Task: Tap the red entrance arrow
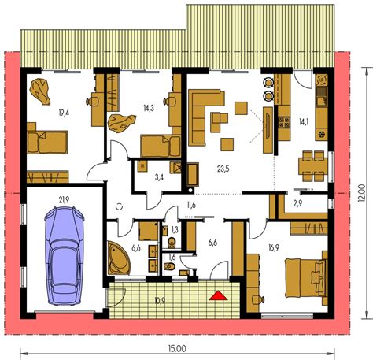218,295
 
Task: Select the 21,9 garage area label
64,200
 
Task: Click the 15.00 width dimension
177,349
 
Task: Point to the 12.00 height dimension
361,193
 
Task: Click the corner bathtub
119,258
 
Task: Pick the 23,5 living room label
223,169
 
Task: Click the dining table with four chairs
312,166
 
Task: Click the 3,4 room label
159,177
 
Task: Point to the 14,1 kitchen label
303,121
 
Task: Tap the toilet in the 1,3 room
172,242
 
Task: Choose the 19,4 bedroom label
64,113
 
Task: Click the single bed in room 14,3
161,146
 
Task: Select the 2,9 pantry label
298,203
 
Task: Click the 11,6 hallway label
191,205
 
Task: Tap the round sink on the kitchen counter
321,135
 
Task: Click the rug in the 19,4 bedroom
40,92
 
